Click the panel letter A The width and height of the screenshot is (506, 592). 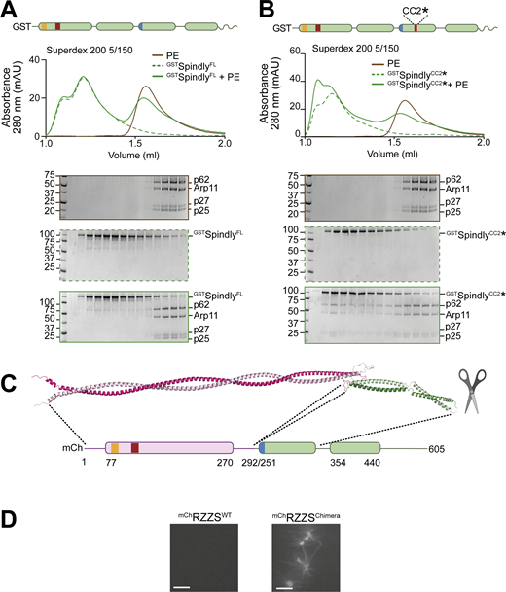click(x=10, y=11)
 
